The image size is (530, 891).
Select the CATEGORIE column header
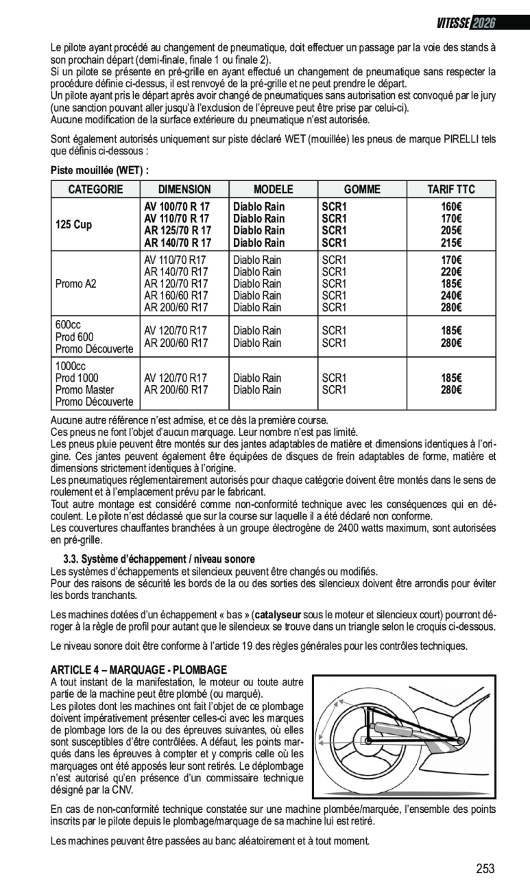[x=95, y=189]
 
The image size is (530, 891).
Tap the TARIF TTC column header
[x=450, y=189]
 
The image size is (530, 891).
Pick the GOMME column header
[x=361, y=189]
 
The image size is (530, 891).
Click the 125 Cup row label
[x=73, y=224]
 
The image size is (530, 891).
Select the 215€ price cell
[x=450, y=243]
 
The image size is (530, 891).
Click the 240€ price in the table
[x=450, y=295]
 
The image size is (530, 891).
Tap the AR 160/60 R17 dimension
[x=176, y=295]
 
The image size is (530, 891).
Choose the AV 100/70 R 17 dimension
[x=177, y=206]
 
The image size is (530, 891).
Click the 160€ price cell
[x=450, y=206]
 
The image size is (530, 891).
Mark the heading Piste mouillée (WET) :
[x=99, y=169]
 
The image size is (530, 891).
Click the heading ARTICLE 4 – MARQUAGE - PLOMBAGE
[x=138, y=669]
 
